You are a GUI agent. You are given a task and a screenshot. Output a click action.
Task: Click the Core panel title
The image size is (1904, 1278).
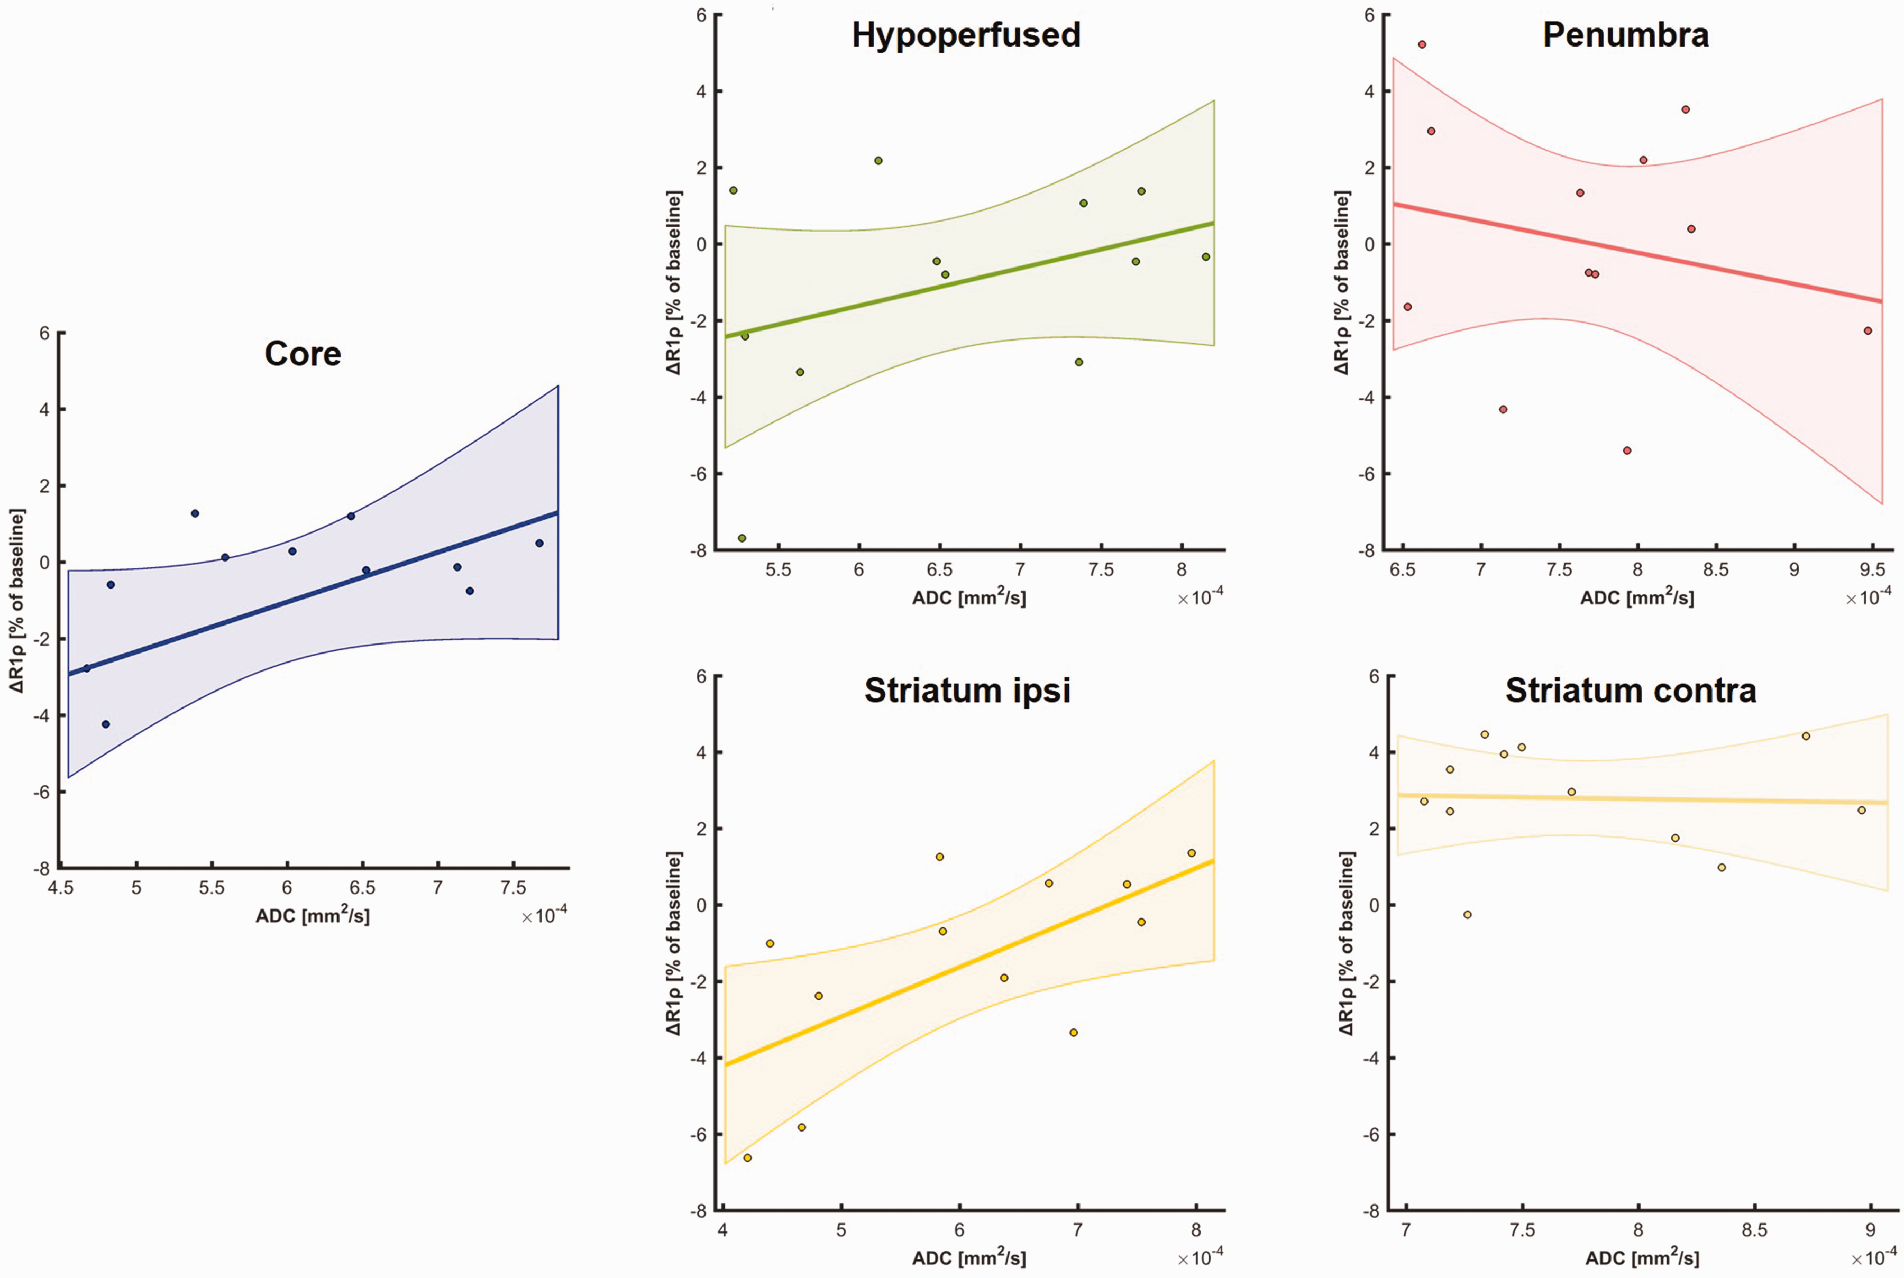tap(303, 354)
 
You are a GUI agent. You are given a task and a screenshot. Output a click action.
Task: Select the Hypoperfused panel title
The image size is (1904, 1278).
tap(966, 35)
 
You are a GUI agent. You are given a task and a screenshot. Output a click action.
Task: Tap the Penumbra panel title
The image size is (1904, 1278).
tap(1625, 35)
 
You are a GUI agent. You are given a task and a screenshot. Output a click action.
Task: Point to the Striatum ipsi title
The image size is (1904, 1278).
tap(967, 691)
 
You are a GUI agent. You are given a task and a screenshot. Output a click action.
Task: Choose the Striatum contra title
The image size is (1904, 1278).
tap(1630, 691)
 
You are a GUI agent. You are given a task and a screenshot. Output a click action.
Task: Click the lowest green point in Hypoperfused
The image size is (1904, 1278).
tap(742, 538)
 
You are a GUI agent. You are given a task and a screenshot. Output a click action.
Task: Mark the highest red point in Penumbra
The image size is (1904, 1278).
tap(1422, 44)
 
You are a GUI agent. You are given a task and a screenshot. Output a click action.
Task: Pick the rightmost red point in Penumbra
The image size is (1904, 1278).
tap(1868, 330)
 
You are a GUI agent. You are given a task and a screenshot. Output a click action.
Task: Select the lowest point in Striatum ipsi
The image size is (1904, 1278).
tap(747, 1157)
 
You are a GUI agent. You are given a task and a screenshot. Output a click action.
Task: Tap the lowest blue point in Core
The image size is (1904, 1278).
tap(105, 724)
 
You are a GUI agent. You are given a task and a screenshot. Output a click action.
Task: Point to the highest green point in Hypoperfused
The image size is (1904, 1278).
tap(878, 161)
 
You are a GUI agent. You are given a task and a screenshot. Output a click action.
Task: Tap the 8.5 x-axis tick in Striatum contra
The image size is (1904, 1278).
tap(1754, 1230)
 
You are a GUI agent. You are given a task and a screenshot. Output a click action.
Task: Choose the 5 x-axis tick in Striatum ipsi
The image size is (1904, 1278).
tap(841, 1230)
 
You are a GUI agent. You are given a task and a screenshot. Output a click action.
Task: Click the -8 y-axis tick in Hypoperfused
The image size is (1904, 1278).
tap(699, 551)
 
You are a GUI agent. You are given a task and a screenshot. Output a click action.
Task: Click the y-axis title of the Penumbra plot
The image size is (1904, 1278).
tap(1342, 283)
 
